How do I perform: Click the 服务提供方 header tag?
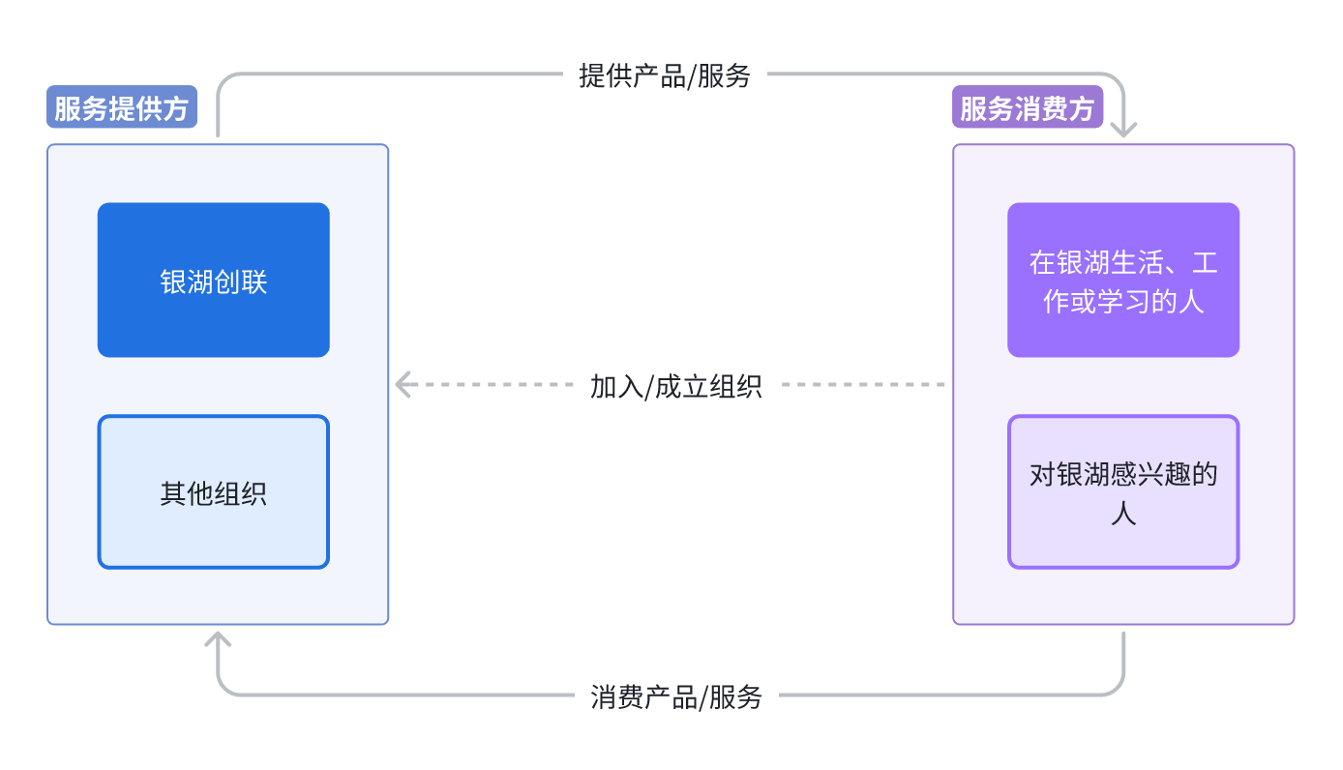(122, 108)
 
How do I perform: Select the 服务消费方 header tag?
(1028, 108)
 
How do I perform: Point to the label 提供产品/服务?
(665, 75)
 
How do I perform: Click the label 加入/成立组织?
(675, 386)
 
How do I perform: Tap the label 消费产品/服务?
(675, 696)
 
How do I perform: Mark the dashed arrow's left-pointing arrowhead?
(403, 385)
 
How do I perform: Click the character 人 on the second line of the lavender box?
(1123, 514)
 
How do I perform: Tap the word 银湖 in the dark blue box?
(187, 282)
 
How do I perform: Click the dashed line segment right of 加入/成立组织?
(861, 385)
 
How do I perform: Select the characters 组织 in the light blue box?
(240, 494)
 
